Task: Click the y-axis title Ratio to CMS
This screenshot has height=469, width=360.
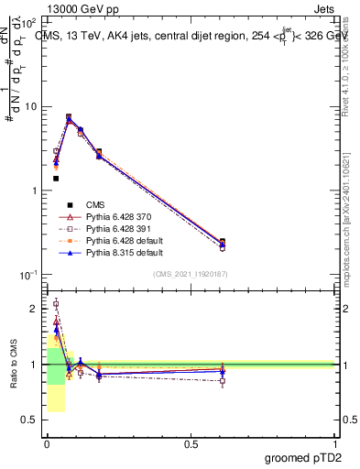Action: pyautogui.click(x=13, y=365)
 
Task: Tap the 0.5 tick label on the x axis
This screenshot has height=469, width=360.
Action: pyautogui.click(x=191, y=444)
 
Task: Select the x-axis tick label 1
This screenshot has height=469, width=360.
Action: pyautogui.click(x=334, y=444)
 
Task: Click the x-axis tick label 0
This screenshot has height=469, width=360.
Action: pyautogui.click(x=46, y=444)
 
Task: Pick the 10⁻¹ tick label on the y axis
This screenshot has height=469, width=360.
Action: pyautogui.click(x=29, y=275)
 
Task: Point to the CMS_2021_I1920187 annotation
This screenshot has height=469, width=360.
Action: pyautogui.click(x=191, y=274)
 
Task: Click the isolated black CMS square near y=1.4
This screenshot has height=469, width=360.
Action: pyautogui.click(x=56, y=179)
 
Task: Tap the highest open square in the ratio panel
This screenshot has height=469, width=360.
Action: pyautogui.click(x=56, y=303)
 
